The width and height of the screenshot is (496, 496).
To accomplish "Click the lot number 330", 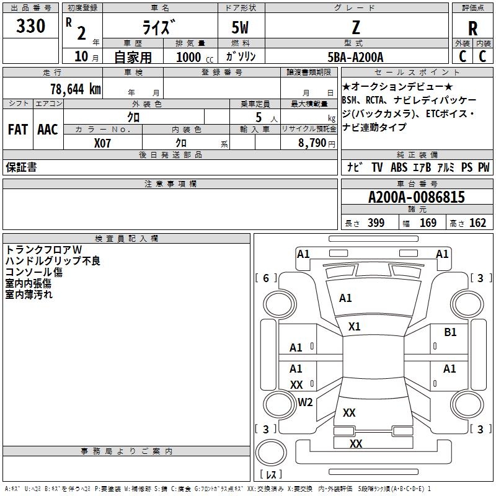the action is coord(30,25).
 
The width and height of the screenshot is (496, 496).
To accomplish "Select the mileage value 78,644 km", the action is coord(76,89).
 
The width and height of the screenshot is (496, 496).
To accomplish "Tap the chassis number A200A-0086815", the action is coord(417,197).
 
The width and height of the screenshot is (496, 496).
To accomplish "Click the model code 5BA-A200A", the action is coord(355,57).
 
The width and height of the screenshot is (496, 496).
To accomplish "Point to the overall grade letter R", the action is coord(472,29).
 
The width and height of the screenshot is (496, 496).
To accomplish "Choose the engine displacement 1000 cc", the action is coord(195,57).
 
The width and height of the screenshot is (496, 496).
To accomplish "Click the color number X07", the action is coord(102,143).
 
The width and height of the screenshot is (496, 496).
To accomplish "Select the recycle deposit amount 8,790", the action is coord(312,143).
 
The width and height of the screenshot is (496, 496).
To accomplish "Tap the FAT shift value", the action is coord(18,130).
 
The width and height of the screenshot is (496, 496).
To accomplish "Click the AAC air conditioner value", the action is coord(48,130).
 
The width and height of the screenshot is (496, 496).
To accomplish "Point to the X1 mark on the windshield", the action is coord(354,327).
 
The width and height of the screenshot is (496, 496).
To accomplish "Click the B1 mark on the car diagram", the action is coord(450,332).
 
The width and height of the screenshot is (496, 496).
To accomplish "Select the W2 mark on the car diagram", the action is coord(305,402).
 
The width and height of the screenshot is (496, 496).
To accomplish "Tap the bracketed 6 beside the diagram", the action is coord(266,278).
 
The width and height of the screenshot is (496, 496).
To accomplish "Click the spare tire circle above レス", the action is coord(271,453).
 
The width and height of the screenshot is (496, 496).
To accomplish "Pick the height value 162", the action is coord(477,223).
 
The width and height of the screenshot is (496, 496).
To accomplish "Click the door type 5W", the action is coord(240,27).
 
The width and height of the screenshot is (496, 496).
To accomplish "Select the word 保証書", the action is coord(21,167).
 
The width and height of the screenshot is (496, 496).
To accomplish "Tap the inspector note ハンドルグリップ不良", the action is coord(53,260).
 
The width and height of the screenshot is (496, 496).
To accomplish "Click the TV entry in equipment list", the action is coord(377,167).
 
